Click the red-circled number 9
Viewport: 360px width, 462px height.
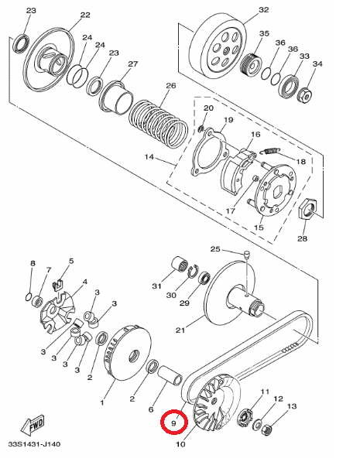coord(174,423)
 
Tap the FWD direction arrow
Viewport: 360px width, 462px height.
coord(34,425)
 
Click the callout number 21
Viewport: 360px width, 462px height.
coord(180,331)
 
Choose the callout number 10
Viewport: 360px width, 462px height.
coord(180,445)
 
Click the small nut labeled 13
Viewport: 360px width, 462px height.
coord(267,429)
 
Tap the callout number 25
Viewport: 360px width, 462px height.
coord(216,249)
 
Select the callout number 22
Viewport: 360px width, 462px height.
coord(84,15)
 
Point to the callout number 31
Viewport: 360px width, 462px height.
coord(156,286)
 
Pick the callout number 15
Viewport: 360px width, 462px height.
coord(259,228)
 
